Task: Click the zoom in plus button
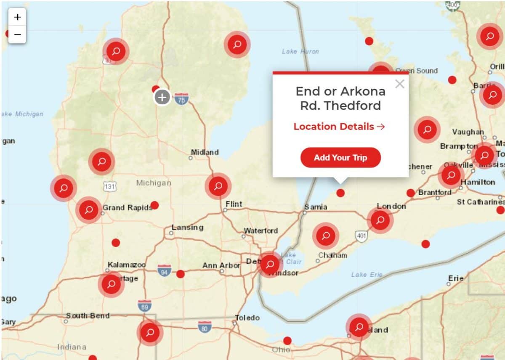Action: pos(17,17)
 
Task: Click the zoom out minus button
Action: pos(17,34)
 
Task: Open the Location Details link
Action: pos(339,127)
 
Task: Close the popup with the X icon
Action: pos(400,84)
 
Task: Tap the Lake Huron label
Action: pos(300,51)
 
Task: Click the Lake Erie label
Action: pos(367,275)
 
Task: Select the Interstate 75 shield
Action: pos(181,99)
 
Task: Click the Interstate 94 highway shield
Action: pos(165,270)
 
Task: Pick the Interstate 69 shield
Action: pos(144,306)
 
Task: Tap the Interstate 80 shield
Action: pos(205,327)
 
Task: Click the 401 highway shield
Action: pos(361,236)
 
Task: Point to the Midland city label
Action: pos(205,152)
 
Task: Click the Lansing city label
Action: pos(188,228)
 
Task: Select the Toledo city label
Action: pos(247,318)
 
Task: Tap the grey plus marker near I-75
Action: pos(162,98)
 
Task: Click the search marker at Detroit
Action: pos(270,265)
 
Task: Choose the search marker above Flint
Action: pos(218,185)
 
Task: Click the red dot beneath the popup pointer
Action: pos(340,193)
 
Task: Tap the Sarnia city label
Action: pos(316,207)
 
